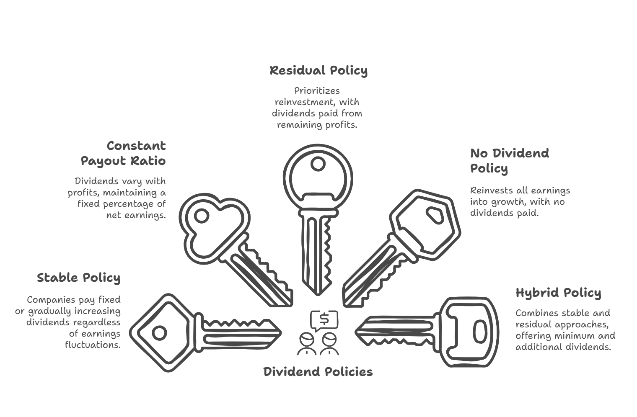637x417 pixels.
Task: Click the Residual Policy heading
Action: (318, 71)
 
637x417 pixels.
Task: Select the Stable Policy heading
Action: (79, 278)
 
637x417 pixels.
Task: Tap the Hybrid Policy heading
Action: (558, 293)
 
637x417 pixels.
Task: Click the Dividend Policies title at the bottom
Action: (318, 372)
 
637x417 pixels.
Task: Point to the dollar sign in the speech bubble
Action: (324, 319)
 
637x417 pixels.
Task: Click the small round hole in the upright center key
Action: (318, 164)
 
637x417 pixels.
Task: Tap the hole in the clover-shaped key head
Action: (202, 216)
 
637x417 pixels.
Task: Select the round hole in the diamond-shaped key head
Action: (159, 332)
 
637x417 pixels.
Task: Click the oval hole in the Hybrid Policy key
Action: (480, 332)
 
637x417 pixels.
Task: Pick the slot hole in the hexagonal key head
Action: (435, 215)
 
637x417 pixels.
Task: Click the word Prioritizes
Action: (317, 91)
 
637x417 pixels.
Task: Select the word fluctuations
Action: (93, 345)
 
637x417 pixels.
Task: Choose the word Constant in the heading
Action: (136, 146)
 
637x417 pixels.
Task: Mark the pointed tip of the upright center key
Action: (318, 295)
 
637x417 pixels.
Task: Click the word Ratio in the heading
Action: (148, 161)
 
